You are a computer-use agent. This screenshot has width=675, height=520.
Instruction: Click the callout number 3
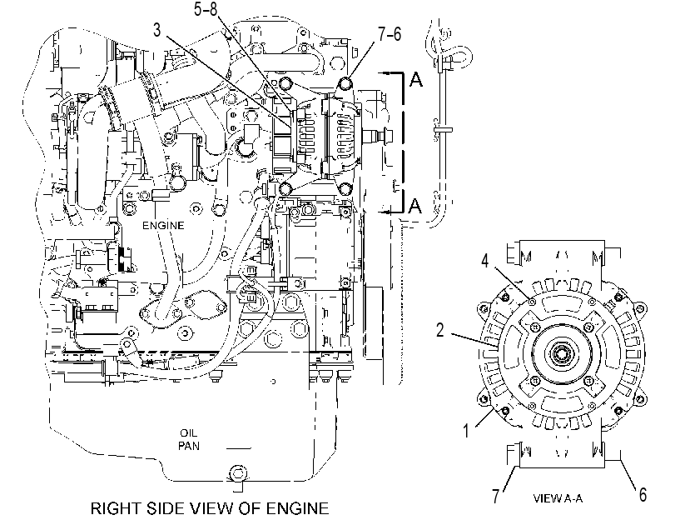click(157, 31)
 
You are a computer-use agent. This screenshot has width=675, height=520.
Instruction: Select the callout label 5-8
click(206, 9)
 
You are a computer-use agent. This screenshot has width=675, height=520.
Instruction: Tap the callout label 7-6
click(390, 34)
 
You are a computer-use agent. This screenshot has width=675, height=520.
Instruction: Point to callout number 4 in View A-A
click(485, 261)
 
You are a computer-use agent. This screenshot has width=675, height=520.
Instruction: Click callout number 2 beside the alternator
click(440, 330)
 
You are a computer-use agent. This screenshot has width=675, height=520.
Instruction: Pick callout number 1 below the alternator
click(466, 431)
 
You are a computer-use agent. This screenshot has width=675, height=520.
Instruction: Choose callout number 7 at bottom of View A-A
click(496, 496)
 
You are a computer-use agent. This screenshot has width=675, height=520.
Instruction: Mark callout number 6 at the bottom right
click(643, 495)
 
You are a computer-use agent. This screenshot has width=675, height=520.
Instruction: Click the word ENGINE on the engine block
click(163, 226)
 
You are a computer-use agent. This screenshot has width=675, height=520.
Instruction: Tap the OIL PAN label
click(189, 439)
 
